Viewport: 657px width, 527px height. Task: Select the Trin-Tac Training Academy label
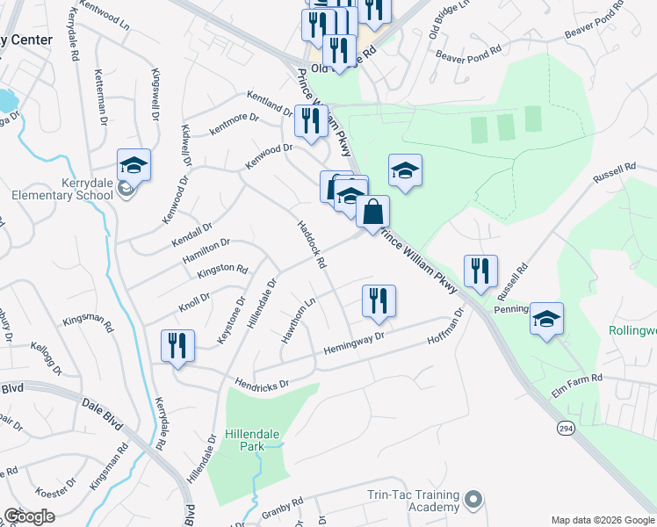[x=414, y=501]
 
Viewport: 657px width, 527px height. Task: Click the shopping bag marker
[x=372, y=212]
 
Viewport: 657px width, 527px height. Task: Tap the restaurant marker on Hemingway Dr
[x=379, y=301]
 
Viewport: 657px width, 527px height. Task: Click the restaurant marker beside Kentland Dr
[x=310, y=121]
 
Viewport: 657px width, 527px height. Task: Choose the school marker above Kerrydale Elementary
[x=134, y=164]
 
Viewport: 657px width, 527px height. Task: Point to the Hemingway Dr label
[x=355, y=342]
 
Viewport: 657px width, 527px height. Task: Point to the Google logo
[x=29, y=516]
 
